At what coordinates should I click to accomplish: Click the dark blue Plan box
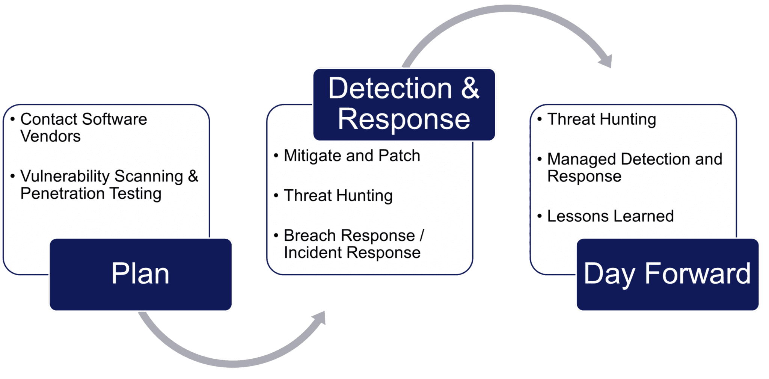pyautogui.click(x=140, y=274)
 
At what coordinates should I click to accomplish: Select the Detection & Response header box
pyautogui.click(x=404, y=104)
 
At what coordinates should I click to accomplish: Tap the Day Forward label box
pyautogui.click(x=668, y=274)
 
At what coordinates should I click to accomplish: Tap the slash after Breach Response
pyautogui.click(x=422, y=236)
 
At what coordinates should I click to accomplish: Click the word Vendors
pyautogui.click(x=51, y=136)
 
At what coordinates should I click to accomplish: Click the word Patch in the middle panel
pyautogui.click(x=399, y=156)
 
